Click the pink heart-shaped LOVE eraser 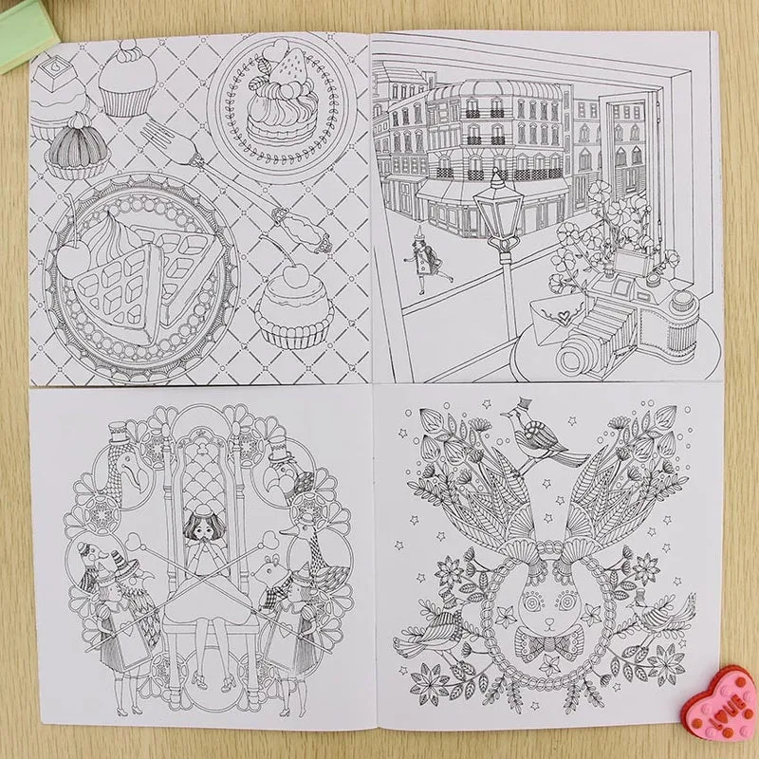(x=721, y=704)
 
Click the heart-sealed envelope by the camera (x=558, y=316)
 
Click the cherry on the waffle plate (x=74, y=260)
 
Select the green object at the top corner (x=27, y=31)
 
